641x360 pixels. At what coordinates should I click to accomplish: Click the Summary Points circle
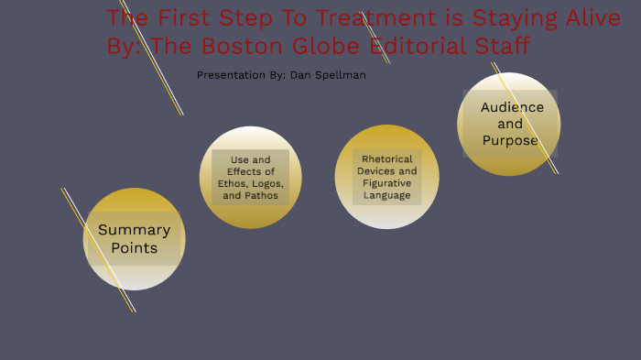[135, 239]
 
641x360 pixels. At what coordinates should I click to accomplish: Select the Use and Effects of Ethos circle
[250, 177]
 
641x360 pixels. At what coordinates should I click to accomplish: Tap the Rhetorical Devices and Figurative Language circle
[387, 177]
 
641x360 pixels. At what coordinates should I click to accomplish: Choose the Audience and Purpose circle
[509, 124]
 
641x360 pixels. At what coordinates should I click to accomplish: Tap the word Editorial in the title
[416, 46]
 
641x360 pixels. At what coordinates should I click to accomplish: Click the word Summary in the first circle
[134, 230]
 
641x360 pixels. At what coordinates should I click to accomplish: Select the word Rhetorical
[387, 158]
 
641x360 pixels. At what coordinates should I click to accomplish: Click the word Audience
[512, 107]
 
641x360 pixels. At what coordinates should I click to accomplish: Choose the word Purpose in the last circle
[510, 140]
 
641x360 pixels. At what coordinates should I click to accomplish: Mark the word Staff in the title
[502, 46]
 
